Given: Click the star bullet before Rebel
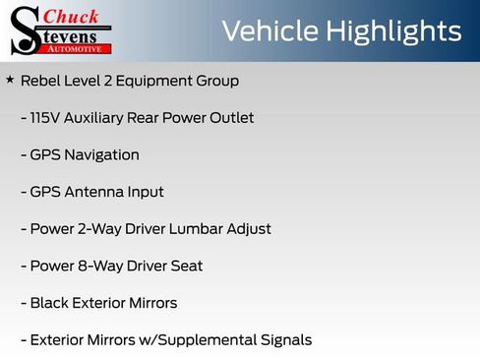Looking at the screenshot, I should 10,79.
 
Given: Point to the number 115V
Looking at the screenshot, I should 46,118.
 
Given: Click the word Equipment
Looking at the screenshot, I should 154,81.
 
